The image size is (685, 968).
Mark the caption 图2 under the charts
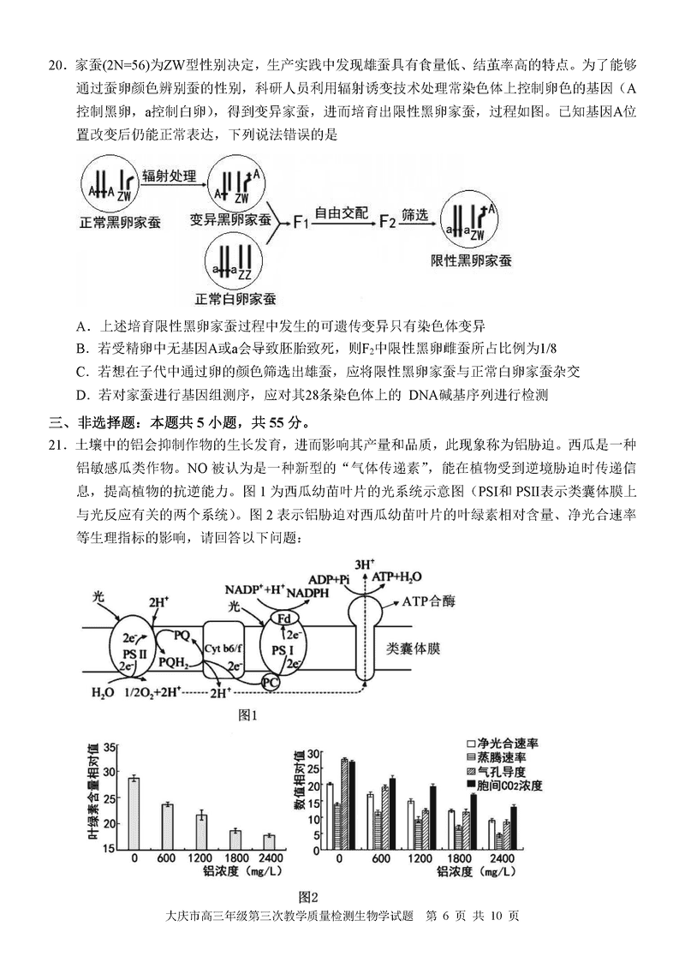tap(308, 897)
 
